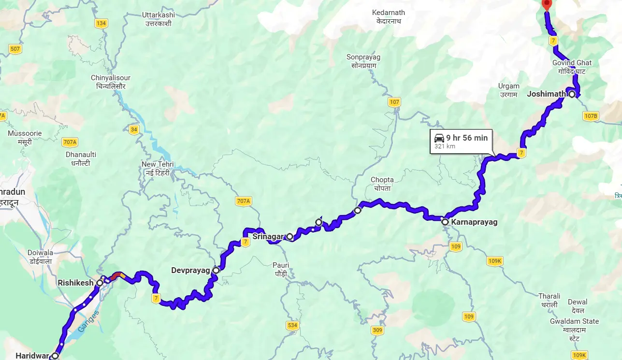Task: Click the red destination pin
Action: (x=547, y=5)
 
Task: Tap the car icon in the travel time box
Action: (x=439, y=138)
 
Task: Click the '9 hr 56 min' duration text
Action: (x=467, y=138)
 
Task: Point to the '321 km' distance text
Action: (x=445, y=146)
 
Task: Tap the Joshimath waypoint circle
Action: (x=572, y=94)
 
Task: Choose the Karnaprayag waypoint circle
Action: (x=445, y=222)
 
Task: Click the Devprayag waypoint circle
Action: (x=216, y=270)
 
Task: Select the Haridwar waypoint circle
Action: (x=55, y=356)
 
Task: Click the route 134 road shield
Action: (x=101, y=23)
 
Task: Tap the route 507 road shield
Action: (x=15, y=49)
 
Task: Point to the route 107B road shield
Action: (x=591, y=116)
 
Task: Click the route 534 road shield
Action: (x=292, y=325)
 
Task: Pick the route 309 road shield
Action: (x=378, y=331)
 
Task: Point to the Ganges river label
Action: (x=88, y=321)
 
